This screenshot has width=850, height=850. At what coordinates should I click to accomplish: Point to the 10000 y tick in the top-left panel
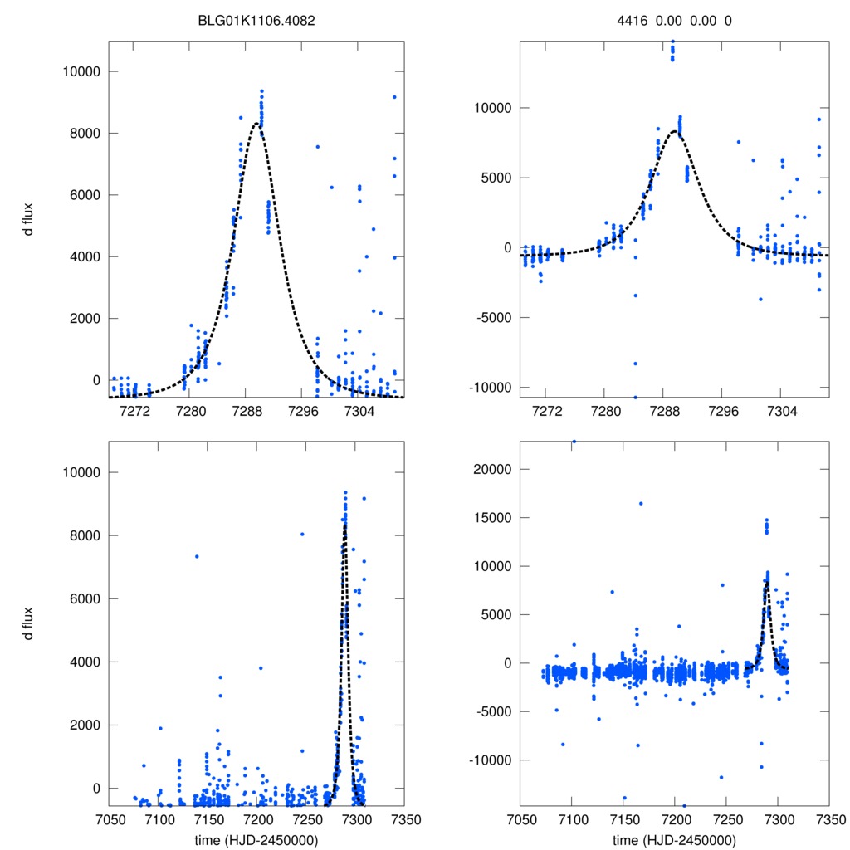(81, 71)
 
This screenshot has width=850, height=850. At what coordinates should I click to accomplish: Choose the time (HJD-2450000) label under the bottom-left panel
(256, 840)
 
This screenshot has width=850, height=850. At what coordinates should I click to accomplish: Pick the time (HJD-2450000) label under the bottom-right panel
(674, 840)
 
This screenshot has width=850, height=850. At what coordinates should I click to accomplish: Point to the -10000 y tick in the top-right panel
(490, 388)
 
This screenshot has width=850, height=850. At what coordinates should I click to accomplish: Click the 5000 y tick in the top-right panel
(496, 178)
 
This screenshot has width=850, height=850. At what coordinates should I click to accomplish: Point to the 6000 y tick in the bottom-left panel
(85, 598)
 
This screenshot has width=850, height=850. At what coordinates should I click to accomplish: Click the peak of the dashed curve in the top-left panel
(257, 124)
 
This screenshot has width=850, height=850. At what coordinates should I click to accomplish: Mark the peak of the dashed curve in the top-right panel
(674, 131)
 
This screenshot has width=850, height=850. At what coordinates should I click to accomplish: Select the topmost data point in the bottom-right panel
(574, 442)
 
